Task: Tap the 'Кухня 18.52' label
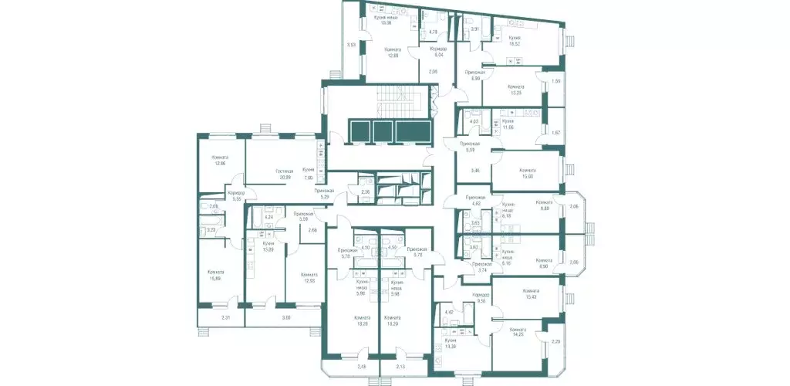coord(515,41)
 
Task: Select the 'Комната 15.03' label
coord(528,174)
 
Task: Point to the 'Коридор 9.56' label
coord(481,298)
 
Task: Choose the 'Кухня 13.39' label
coord(450,344)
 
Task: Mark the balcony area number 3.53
coord(351,46)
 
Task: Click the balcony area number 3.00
coord(285,318)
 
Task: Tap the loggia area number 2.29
coord(555,341)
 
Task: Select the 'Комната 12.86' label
coord(221,160)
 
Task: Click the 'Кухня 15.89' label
coord(268,246)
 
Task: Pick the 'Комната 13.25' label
coord(516,90)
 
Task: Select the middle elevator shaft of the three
coord(383,132)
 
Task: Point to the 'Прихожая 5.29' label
coord(323,194)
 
